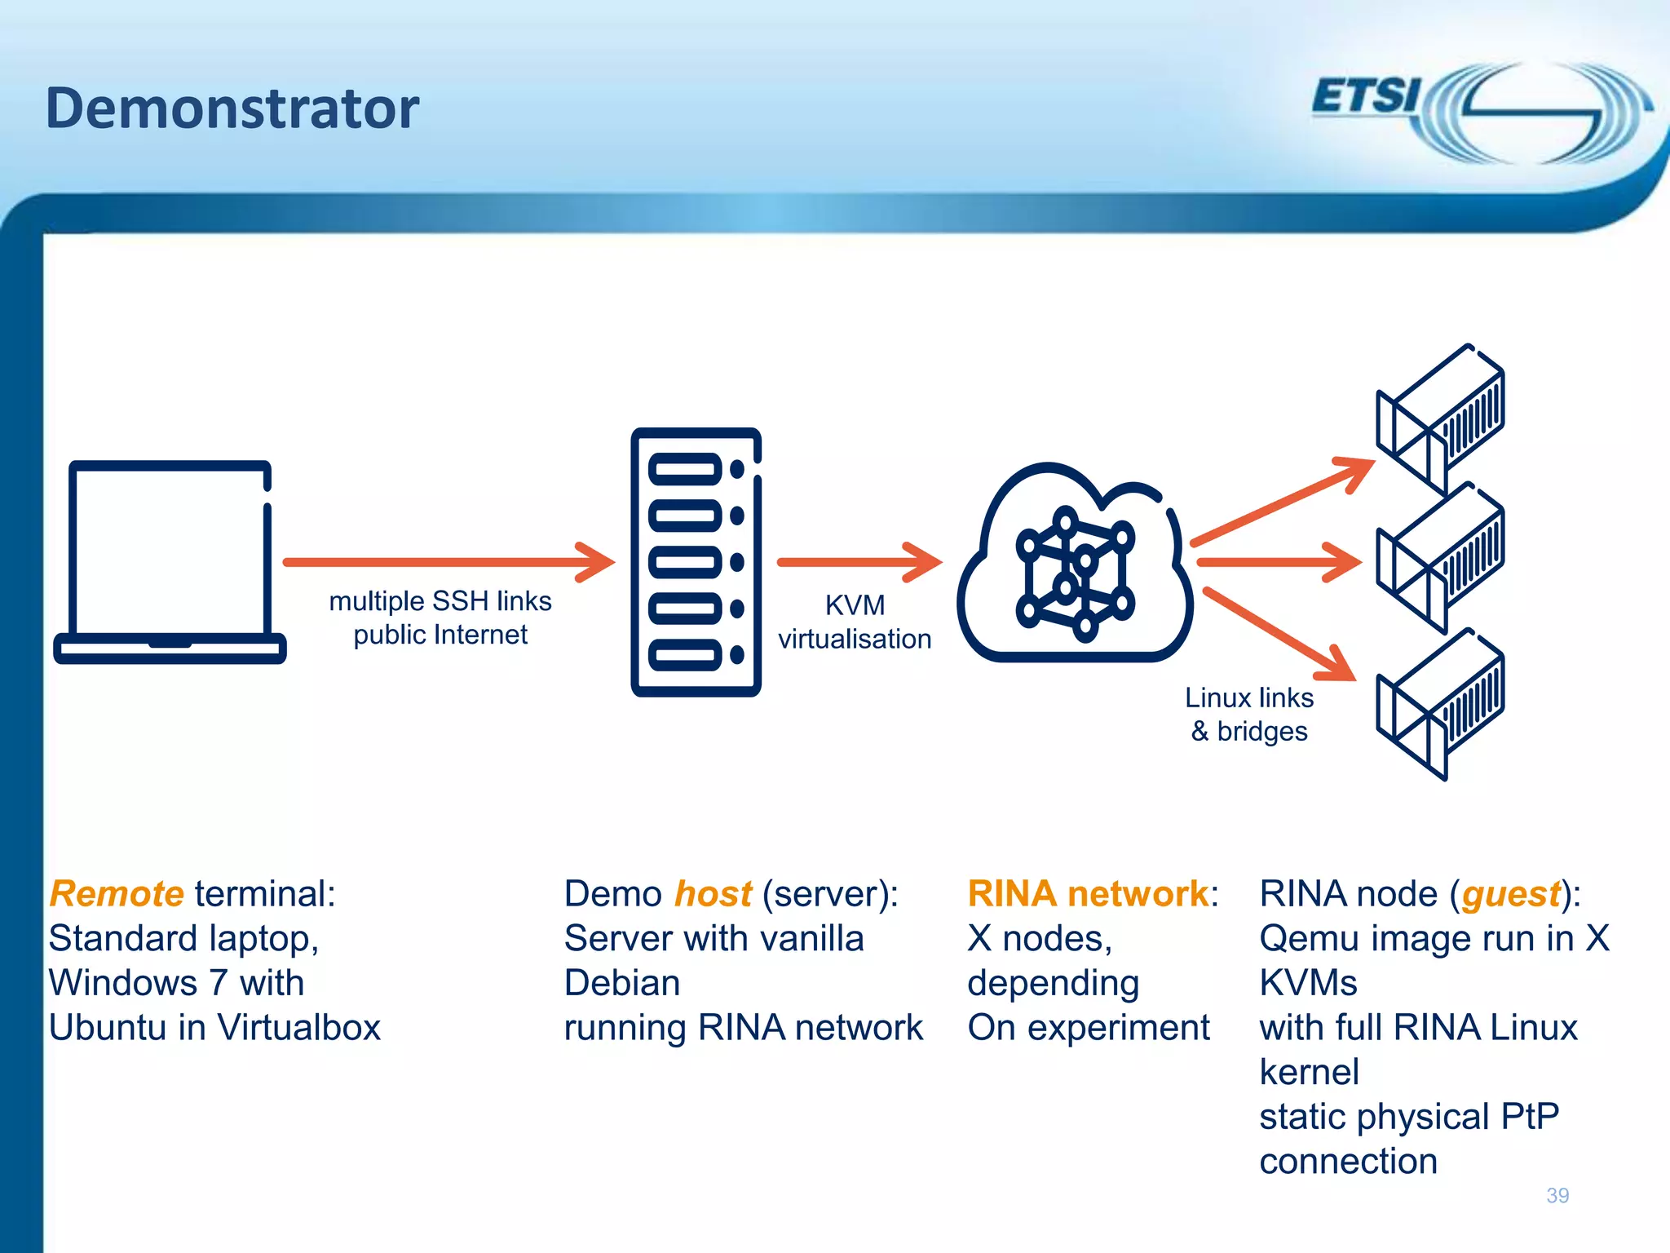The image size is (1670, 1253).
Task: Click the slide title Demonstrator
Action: (232, 108)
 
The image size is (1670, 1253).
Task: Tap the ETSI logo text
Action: (1365, 96)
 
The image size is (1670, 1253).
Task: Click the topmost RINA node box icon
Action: (1441, 418)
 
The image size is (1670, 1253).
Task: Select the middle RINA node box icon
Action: (1441, 559)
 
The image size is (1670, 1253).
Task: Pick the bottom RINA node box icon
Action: (1441, 704)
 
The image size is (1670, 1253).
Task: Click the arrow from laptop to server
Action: (448, 561)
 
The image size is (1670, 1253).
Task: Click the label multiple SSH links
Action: (440, 601)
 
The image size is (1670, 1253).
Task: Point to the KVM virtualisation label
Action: (855, 622)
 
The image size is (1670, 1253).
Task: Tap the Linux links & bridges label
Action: (1249, 715)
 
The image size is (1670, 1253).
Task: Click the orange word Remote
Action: (117, 894)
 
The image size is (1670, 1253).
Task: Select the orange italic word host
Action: (714, 894)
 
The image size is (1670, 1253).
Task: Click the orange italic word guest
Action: (1510, 894)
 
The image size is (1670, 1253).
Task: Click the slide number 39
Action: (1557, 1195)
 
